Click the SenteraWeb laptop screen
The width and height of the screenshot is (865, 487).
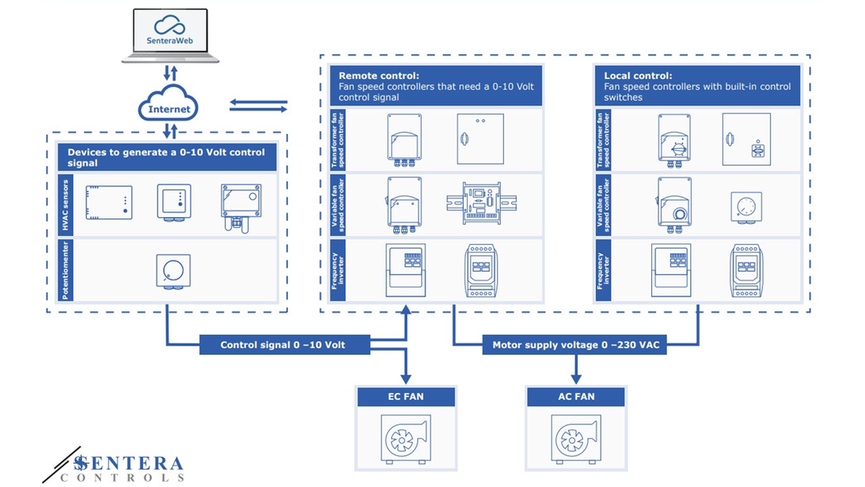click(x=170, y=30)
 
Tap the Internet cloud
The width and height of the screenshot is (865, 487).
click(x=169, y=104)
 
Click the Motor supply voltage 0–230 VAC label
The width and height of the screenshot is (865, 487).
click(x=575, y=344)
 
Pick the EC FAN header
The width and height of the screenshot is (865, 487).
click(x=406, y=397)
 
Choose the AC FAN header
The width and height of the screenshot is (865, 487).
click(x=576, y=397)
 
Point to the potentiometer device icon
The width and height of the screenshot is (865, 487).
click(x=173, y=272)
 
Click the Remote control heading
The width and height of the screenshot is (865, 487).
click(x=436, y=86)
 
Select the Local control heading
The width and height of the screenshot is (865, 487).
click(x=697, y=86)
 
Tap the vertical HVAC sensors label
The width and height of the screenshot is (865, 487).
click(x=66, y=205)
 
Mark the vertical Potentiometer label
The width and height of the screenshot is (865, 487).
click(x=66, y=270)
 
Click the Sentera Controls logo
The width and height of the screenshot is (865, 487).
click(x=114, y=466)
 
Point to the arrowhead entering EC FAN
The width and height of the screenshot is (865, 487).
click(x=406, y=379)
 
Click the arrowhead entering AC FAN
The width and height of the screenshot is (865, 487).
click(x=576, y=379)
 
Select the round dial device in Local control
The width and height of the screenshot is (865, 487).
click(x=745, y=207)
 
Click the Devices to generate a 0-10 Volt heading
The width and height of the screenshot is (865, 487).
click(x=167, y=157)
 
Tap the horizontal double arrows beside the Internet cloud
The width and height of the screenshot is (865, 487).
click(x=258, y=105)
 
